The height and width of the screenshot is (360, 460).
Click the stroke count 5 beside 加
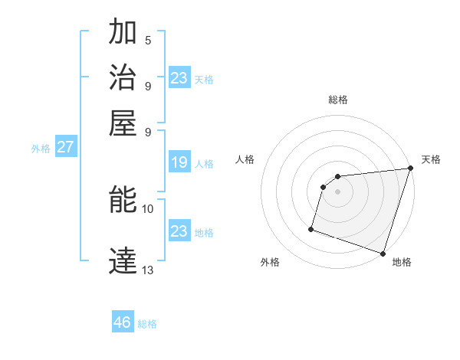pos(148,40)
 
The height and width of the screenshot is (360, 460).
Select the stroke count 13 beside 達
pos(148,269)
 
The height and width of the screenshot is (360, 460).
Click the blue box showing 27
pos(66,147)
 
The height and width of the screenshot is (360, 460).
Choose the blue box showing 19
pos(179,162)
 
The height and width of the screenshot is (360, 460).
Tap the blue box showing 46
pos(123,322)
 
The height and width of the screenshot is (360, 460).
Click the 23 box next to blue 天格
pos(179,77)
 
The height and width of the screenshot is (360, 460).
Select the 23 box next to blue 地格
pos(179,231)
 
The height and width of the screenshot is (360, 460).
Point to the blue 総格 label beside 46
pos(147,324)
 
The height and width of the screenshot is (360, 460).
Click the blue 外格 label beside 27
pos(41,149)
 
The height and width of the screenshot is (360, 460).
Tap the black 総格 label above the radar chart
pos(338,100)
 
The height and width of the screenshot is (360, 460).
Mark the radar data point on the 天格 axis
pos(409,169)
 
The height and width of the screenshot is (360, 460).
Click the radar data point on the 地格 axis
pos(383,253)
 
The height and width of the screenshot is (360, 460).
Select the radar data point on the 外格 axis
pos(311,228)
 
